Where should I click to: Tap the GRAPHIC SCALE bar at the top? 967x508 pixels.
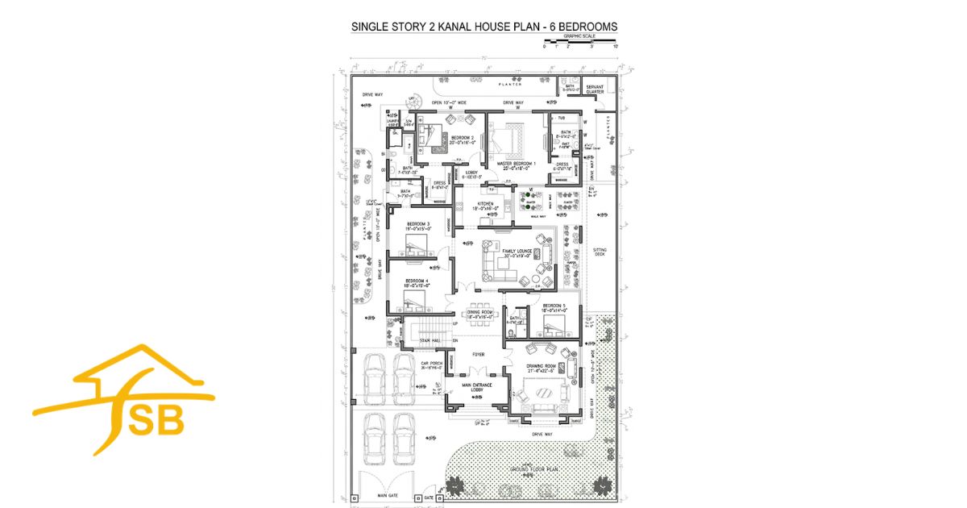click(579, 42)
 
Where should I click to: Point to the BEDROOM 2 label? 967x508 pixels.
click(462, 139)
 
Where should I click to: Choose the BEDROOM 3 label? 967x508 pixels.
click(418, 226)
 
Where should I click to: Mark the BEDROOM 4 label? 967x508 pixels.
click(416, 282)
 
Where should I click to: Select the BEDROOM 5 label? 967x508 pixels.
click(554, 307)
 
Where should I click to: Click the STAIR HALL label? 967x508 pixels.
click(429, 342)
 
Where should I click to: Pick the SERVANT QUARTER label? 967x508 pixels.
click(596, 90)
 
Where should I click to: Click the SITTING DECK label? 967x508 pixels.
click(600, 252)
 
